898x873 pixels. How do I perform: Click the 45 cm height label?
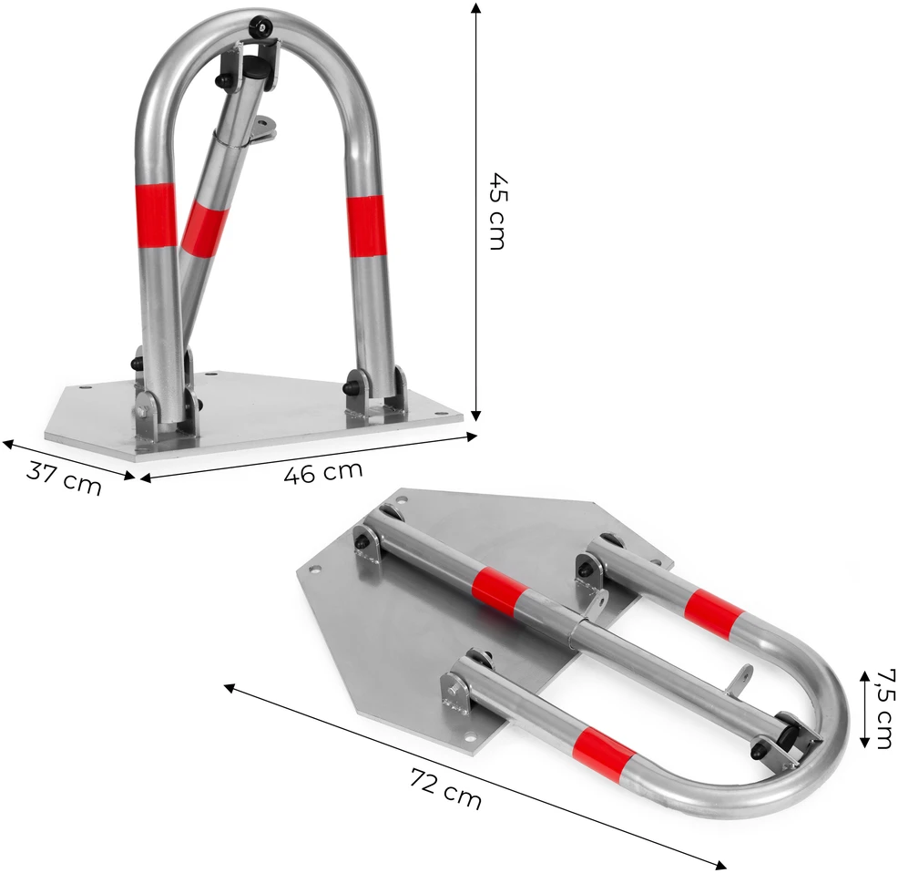496,211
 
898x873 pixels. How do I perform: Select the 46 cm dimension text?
323,472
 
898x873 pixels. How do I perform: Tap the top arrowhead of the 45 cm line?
475,7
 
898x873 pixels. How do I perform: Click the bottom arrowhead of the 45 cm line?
475,416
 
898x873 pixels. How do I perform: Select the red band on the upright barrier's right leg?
365,226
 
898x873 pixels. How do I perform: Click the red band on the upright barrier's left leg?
156,216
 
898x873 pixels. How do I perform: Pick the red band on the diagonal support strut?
204,227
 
